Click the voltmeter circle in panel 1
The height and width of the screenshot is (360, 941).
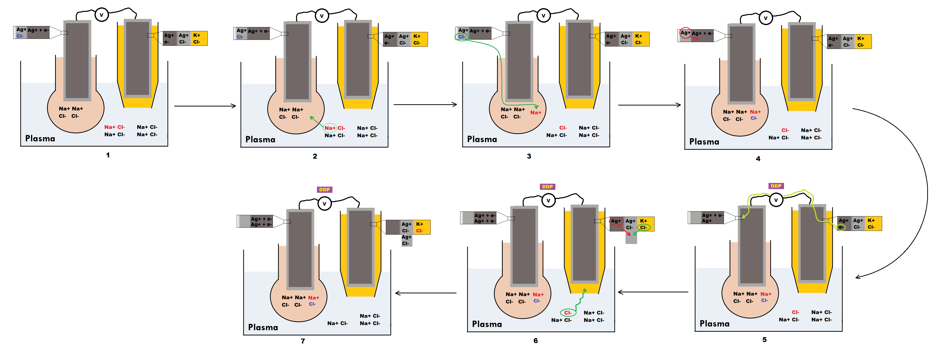click(x=102, y=15)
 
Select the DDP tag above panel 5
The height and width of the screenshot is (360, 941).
click(x=776, y=186)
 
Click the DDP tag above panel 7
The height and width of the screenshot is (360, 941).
click(x=324, y=190)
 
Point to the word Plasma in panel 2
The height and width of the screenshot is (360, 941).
click(x=260, y=139)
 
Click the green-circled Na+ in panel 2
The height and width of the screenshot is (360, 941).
click(x=330, y=128)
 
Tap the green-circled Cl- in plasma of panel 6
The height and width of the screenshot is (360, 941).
click(x=568, y=313)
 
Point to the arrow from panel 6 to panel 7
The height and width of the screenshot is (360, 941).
click(x=425, y=293)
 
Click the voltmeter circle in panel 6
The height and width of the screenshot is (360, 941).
click(x=548, y=200)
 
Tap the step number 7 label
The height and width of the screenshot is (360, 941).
click(x=303, y=341)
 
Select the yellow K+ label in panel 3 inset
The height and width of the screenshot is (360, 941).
click(x=639, y=36)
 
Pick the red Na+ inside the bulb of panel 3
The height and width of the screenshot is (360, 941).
click(x=535, y=112)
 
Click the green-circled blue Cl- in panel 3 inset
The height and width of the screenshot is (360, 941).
click(x=461, y=36)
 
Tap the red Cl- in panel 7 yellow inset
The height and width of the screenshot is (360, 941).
click(x=419, y=231)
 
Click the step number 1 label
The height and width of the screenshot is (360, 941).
click(x=108, y=155)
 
